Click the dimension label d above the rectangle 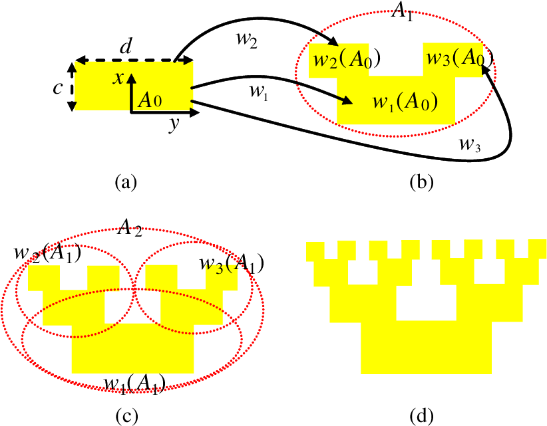pos(126,46)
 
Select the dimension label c pos(57,88)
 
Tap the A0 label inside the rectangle pos(150,100)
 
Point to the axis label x pos(118,79)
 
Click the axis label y pos(174,124)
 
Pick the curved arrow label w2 pos(247,40)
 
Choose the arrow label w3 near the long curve pos(470,145)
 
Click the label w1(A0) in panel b pos(405,102)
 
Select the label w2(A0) pos(347,60)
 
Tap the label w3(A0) pos(460,58)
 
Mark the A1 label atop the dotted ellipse pos(402,13)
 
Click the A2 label pos(129,228)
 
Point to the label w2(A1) pos(47,253)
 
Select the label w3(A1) pos(232,264)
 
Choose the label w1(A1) pos(134,385)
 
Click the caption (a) pos(126,182)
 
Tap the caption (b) pos(422,182)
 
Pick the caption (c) pos(126,415)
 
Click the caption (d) pos(422,415)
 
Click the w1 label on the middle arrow pos(258,92)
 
